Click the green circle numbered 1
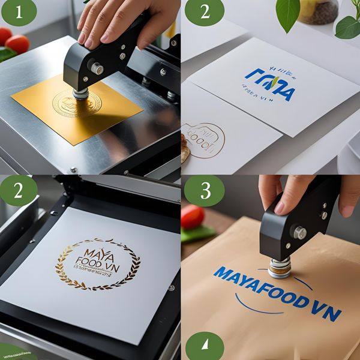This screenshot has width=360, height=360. (19, 13)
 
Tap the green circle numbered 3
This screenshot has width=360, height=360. (204, 191)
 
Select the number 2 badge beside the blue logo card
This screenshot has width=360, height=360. (204, 13)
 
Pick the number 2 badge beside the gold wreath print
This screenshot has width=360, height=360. (19, 191)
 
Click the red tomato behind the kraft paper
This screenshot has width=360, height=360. (192, 217)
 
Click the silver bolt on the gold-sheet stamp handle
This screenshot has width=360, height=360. (97, 68)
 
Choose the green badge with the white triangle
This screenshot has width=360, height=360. (205, 346)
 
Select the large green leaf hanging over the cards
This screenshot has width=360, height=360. (288, 14)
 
